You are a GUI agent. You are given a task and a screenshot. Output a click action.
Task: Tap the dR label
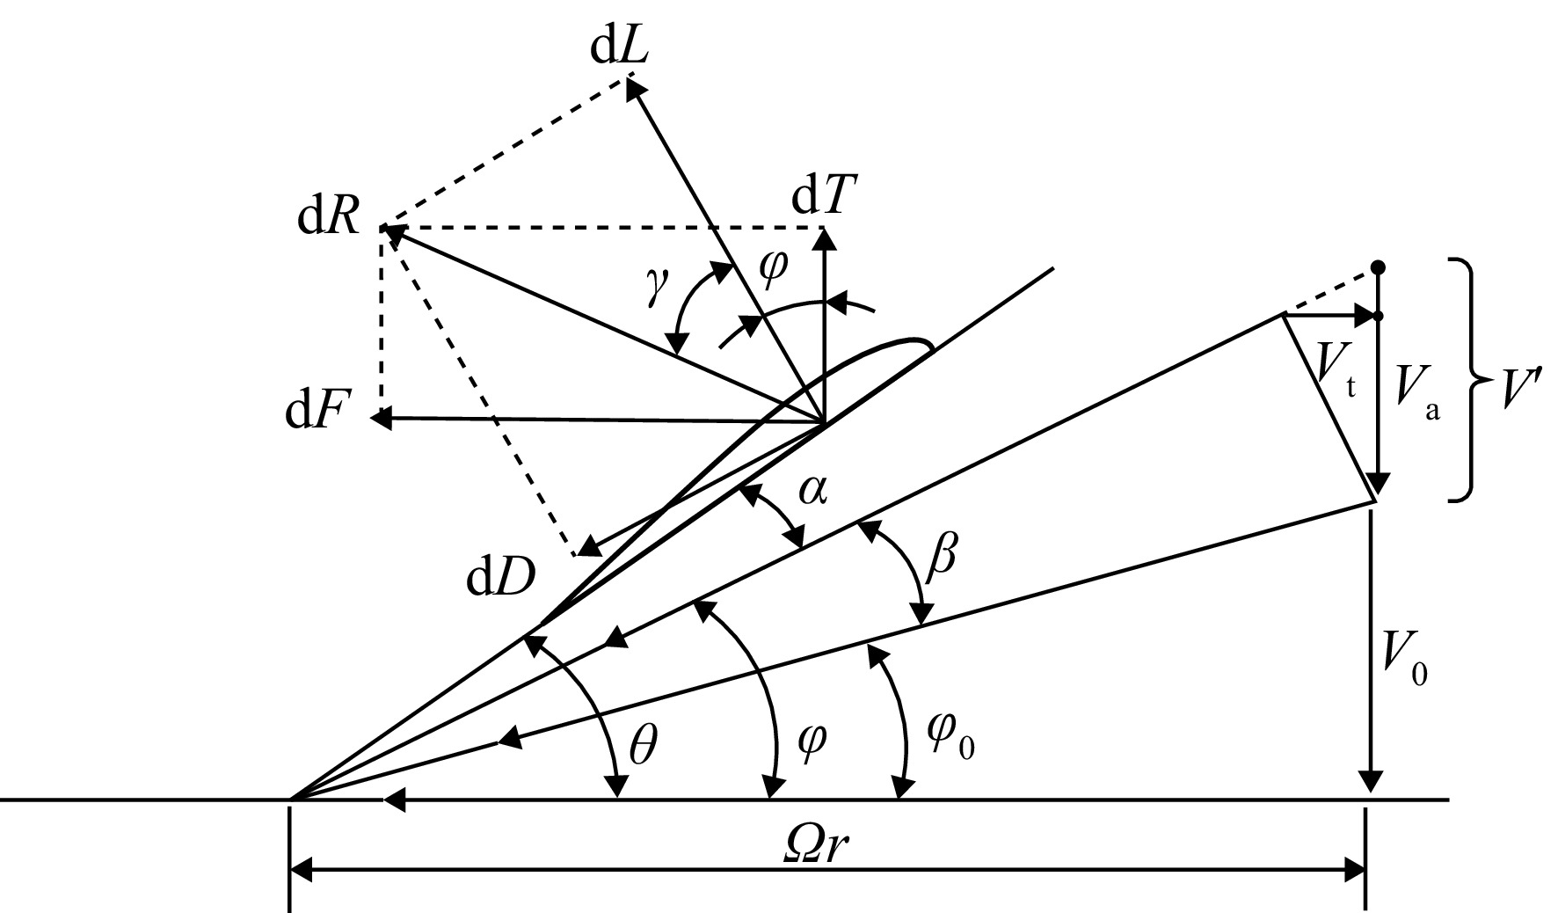coord(329,216)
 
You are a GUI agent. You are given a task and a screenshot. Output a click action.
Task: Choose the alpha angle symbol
coord(812,493)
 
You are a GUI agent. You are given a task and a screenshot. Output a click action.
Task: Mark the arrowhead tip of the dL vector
coord(627,79)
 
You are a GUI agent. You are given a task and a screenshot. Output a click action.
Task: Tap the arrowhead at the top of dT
coord(825,228)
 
